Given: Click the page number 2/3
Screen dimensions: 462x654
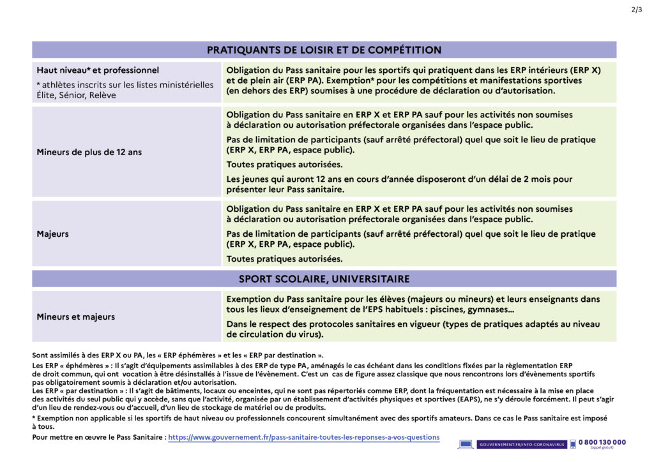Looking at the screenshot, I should [636, 9].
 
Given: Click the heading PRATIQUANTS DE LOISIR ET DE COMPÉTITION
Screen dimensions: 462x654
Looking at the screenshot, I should [324, 50].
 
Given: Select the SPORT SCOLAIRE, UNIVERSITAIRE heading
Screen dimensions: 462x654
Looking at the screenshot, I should [324, 279].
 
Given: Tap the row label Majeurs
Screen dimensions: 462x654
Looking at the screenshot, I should [52, 234].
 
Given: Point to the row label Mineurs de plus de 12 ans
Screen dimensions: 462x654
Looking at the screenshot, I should [89, 152].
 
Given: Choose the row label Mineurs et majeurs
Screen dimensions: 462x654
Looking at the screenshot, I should [76, 317].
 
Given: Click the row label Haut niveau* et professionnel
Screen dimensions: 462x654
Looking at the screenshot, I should [98, 70].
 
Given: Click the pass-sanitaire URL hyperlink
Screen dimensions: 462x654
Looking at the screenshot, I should [303, 437].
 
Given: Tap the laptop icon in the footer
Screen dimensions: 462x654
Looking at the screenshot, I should [465, 444].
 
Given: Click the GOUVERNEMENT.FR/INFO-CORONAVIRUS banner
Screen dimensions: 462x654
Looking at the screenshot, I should [521, 444].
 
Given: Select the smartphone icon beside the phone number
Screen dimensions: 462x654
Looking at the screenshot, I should [573, 444].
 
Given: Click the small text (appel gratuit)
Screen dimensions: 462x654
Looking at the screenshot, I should [603, 448].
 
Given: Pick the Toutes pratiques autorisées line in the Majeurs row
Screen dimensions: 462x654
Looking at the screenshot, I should [284, 259].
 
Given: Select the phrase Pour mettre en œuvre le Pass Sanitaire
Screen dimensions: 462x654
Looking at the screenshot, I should [99, 437].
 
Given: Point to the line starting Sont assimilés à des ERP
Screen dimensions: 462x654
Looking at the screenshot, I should [178, 355].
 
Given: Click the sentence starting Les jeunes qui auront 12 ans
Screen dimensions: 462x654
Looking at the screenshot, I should [399, 179].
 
